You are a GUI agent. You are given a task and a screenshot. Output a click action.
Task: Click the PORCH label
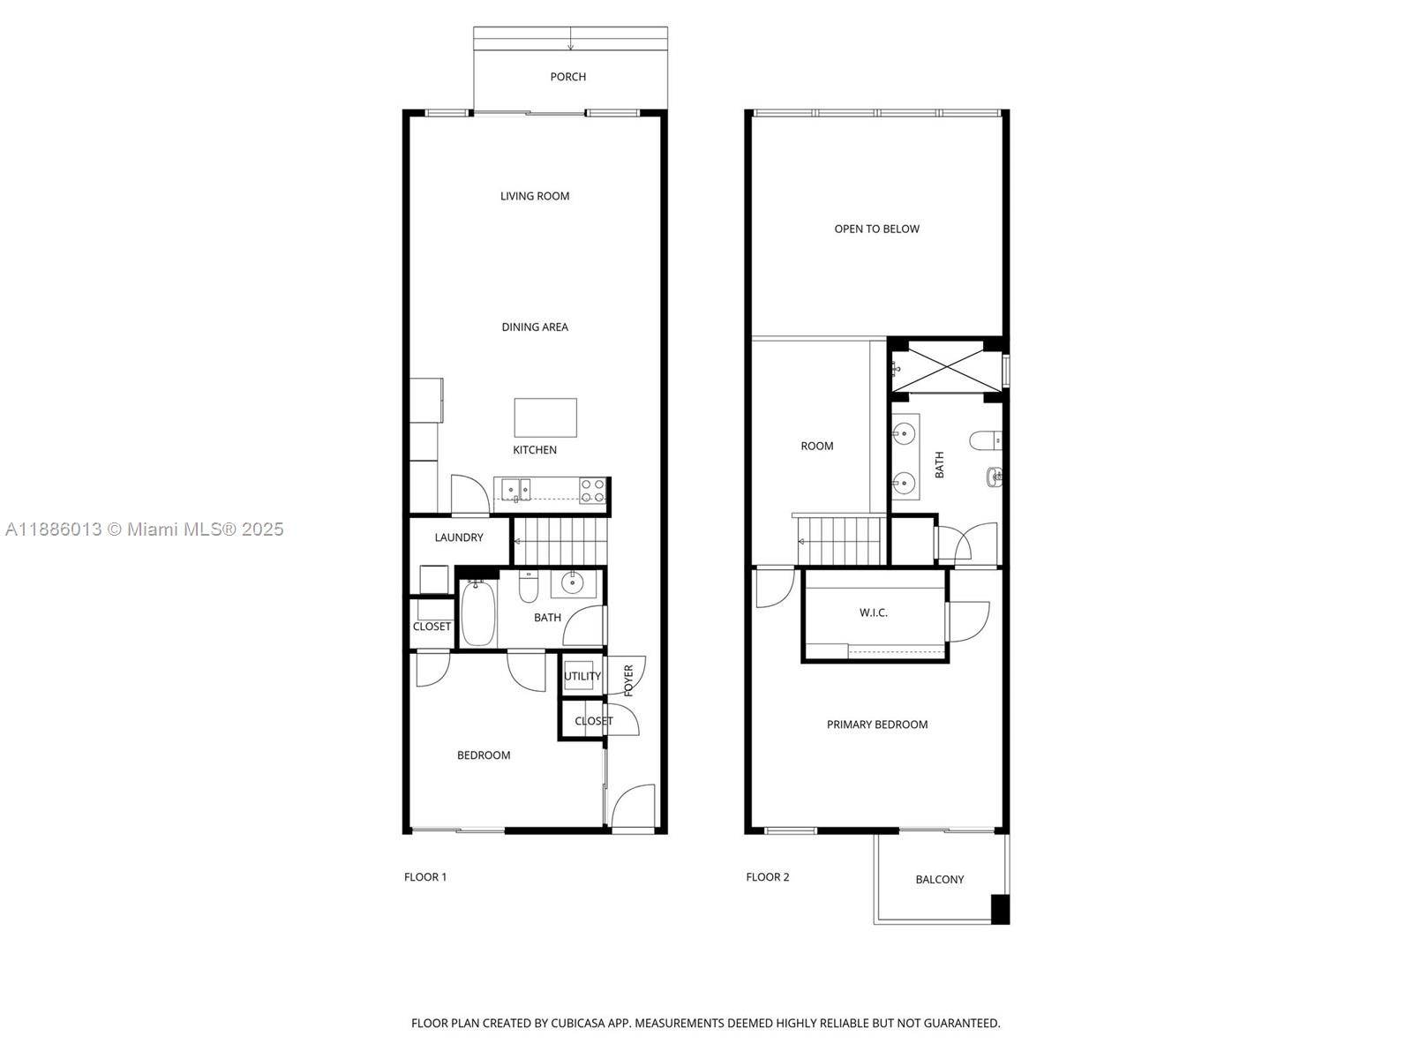point(567,77)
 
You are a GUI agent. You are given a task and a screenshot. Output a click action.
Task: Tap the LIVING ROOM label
point(535,196)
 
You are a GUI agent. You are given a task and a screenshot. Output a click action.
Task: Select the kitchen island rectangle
point(545,417)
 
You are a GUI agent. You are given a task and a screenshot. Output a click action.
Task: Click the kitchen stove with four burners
point(593,491)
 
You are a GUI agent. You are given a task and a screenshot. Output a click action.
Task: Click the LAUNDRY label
point(459,537)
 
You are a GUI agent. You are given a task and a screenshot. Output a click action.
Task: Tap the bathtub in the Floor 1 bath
point(477,612)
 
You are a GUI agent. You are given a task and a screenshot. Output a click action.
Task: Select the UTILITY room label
point(582,676)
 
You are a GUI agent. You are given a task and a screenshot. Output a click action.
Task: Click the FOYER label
point(628,680)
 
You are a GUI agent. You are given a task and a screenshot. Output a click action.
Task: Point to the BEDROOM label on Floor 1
point(484,755)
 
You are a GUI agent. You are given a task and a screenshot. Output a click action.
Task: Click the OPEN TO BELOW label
point(876,229)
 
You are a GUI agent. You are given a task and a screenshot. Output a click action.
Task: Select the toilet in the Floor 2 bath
point(985,439)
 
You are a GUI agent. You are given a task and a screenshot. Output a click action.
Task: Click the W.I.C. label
point(873,612)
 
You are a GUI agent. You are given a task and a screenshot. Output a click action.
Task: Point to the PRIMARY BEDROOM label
point(876,725)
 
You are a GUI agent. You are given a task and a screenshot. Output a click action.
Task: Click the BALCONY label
point(939,880)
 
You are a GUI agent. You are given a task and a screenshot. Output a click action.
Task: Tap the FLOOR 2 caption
point(767,877)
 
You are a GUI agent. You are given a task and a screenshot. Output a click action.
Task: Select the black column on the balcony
point(1000,909)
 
